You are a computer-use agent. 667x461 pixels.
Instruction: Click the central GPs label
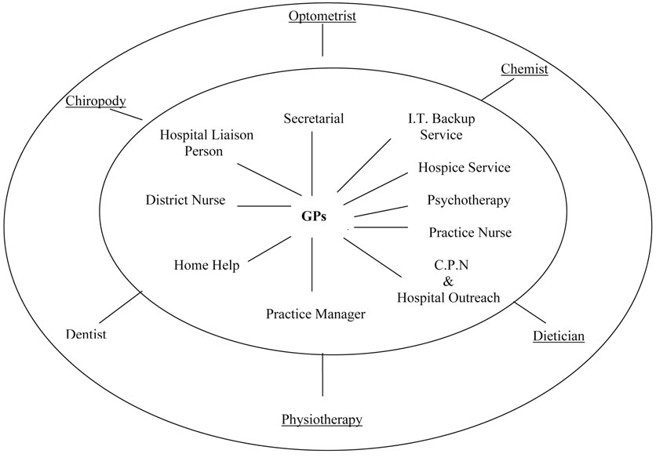point(314,216)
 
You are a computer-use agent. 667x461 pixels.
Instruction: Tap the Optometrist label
point(321,16)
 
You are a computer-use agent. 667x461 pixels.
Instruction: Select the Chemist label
point(524,69)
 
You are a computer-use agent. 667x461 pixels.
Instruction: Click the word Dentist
point(86,335)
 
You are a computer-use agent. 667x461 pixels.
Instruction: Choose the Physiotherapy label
point(322,419)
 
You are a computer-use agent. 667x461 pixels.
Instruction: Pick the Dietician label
point(558,336)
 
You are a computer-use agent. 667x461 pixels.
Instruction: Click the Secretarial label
point(314,118)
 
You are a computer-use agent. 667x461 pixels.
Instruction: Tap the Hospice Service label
point(464,167)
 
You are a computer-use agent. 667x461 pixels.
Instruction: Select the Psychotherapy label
point(468,200)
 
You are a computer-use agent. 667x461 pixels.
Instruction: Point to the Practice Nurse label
point(470,232)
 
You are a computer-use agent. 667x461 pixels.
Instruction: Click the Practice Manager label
point(315,314)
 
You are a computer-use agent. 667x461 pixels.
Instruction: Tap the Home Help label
point(206,265)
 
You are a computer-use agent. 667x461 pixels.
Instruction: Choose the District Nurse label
point(185,200)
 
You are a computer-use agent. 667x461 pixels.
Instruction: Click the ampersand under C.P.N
point(448,281)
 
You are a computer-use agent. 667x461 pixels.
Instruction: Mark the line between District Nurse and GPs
point(264,206)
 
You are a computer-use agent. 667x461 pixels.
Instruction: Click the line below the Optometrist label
point(322,44)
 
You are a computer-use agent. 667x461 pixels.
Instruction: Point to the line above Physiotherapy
point(323,375)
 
